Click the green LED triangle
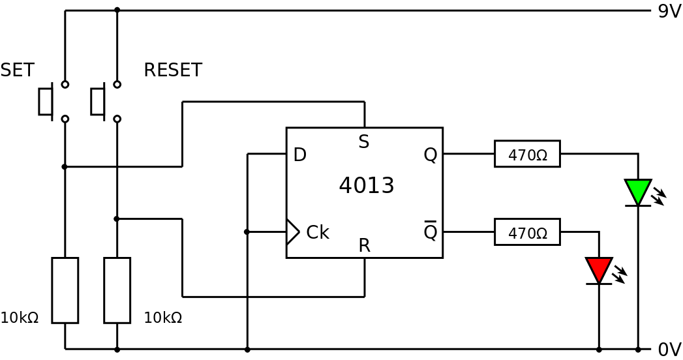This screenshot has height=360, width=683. click(637, 191)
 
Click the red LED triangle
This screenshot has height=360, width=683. click(598, 269)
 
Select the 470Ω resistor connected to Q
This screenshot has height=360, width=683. click(527, 154)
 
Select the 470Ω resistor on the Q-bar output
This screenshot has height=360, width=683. click(527, 232)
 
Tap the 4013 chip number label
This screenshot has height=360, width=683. click(366, 186)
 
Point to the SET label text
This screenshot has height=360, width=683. click(17, 70)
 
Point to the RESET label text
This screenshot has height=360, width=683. click(173, 70)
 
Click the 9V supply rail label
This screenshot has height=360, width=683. click(669, 12)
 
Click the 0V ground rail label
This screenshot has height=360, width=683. click(669, 350)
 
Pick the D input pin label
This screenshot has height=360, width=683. click(299, 155)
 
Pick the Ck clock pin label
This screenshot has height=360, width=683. click(317, 233)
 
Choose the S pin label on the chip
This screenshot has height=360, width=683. click(364, 142)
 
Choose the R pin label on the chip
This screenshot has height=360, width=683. click(364, 246)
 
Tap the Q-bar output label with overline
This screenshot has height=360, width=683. click(430, 232)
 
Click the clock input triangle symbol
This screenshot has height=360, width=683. click(292, 232)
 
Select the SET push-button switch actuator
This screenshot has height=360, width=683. click(46, 102)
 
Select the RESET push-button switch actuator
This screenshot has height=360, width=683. click(98, 102)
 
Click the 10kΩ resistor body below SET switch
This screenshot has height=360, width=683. click(65, 290)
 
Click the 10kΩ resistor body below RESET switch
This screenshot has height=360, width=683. click(117, 290)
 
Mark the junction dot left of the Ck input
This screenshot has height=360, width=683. click(247, 232)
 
